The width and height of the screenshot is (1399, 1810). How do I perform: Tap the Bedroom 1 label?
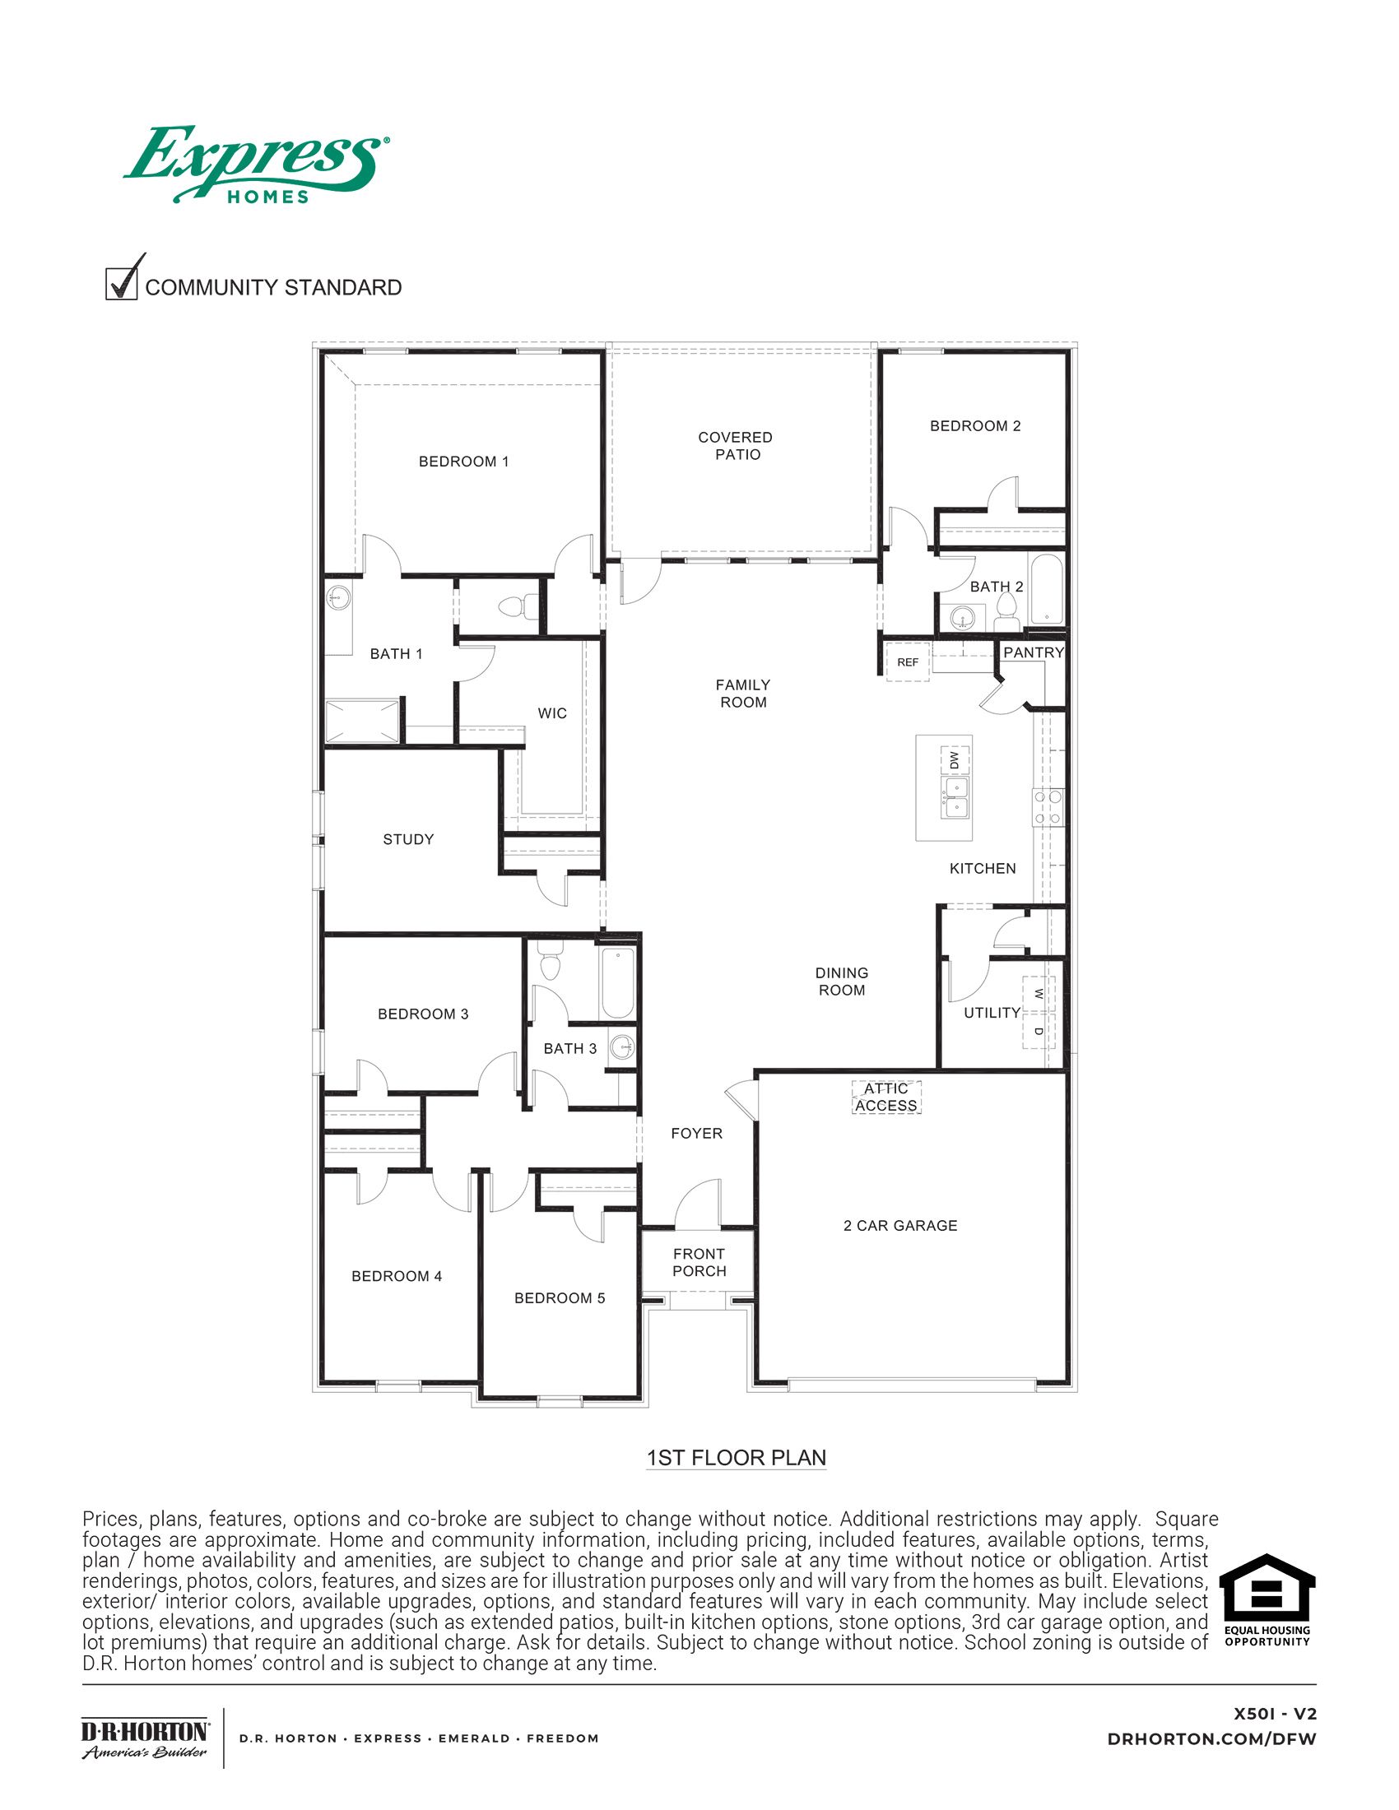(x=463, y=462)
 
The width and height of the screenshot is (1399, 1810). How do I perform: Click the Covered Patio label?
(x=736, y=446)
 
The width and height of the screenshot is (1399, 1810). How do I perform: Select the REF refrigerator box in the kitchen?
(x=908, y=662)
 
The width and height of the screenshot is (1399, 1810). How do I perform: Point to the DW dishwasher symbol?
(x=955, y=759)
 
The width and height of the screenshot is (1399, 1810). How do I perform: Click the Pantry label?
(x=1033, y=653)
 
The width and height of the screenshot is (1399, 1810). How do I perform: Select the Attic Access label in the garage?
(x=886, y=1098)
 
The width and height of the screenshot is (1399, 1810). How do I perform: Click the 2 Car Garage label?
(x=900, y=1226)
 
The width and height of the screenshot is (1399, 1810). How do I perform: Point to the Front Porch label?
(x=699, y=1262)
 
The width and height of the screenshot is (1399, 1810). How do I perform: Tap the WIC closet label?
(x=552, y=713)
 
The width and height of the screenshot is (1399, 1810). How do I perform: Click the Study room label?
(x=407, y=839)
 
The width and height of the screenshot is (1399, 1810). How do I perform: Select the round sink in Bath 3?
(x=622, y=1047)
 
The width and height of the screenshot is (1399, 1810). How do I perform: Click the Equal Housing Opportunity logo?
(x=1267, y=1599)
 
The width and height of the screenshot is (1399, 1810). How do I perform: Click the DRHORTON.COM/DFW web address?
(x=1211, y=1738)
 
